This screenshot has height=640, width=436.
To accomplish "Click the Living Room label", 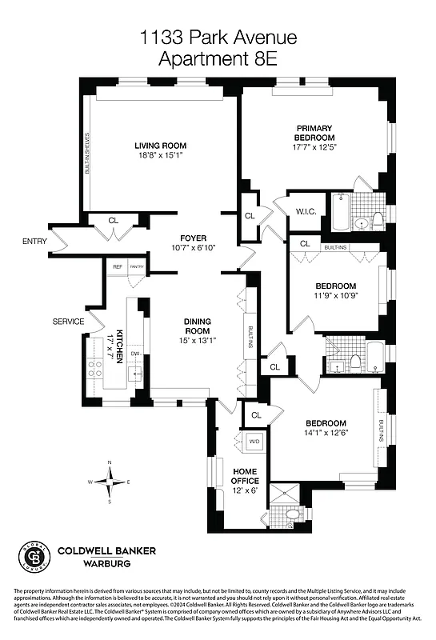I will (160, 146).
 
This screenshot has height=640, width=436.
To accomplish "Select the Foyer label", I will (194, 238).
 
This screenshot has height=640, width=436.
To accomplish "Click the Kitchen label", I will (120, 346).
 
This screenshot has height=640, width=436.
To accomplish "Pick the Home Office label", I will (246, 475).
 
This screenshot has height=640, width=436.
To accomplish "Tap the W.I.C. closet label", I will (308, 212).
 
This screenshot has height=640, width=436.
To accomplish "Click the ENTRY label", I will (35, 241).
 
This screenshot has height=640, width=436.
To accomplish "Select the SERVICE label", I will (69, 322).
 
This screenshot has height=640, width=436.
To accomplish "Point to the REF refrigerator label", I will (118, 267).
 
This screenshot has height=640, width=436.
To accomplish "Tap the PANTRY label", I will (137, 267).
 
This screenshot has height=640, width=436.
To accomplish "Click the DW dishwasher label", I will (135, 354).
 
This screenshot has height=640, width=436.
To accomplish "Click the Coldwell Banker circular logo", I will (32, 556).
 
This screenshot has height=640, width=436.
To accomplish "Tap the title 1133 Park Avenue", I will (218, 37).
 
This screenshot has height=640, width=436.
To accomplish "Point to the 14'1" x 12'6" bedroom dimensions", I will (325, 434).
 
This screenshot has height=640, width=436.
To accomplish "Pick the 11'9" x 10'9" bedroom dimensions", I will (335, 296).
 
